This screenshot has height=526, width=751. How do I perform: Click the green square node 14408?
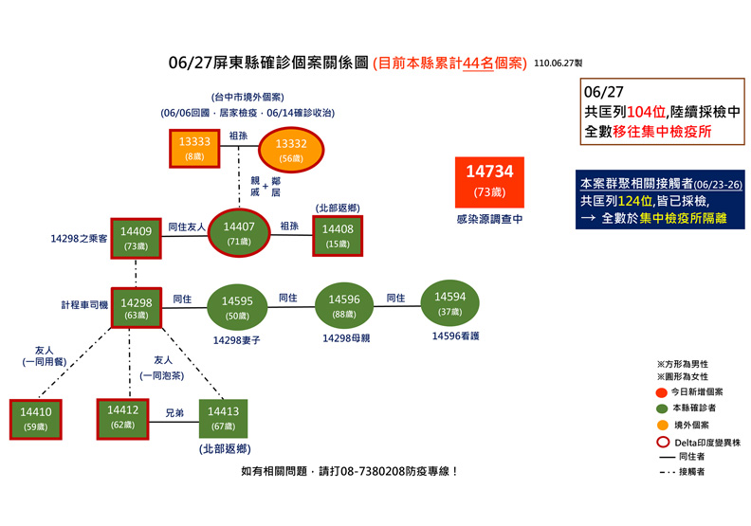click(339, 233)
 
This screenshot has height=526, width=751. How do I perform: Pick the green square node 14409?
click(136, 236)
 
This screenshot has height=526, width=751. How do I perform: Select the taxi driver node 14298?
click(136, 308)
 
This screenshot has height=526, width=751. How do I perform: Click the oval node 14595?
click(237, 306)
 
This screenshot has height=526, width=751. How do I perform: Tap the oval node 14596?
click(343, 304)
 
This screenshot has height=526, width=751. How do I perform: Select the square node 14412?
click(123, 417)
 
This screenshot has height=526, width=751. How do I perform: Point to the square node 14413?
click(223, 418)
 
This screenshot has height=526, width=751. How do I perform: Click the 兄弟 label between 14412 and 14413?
click(174, 414)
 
